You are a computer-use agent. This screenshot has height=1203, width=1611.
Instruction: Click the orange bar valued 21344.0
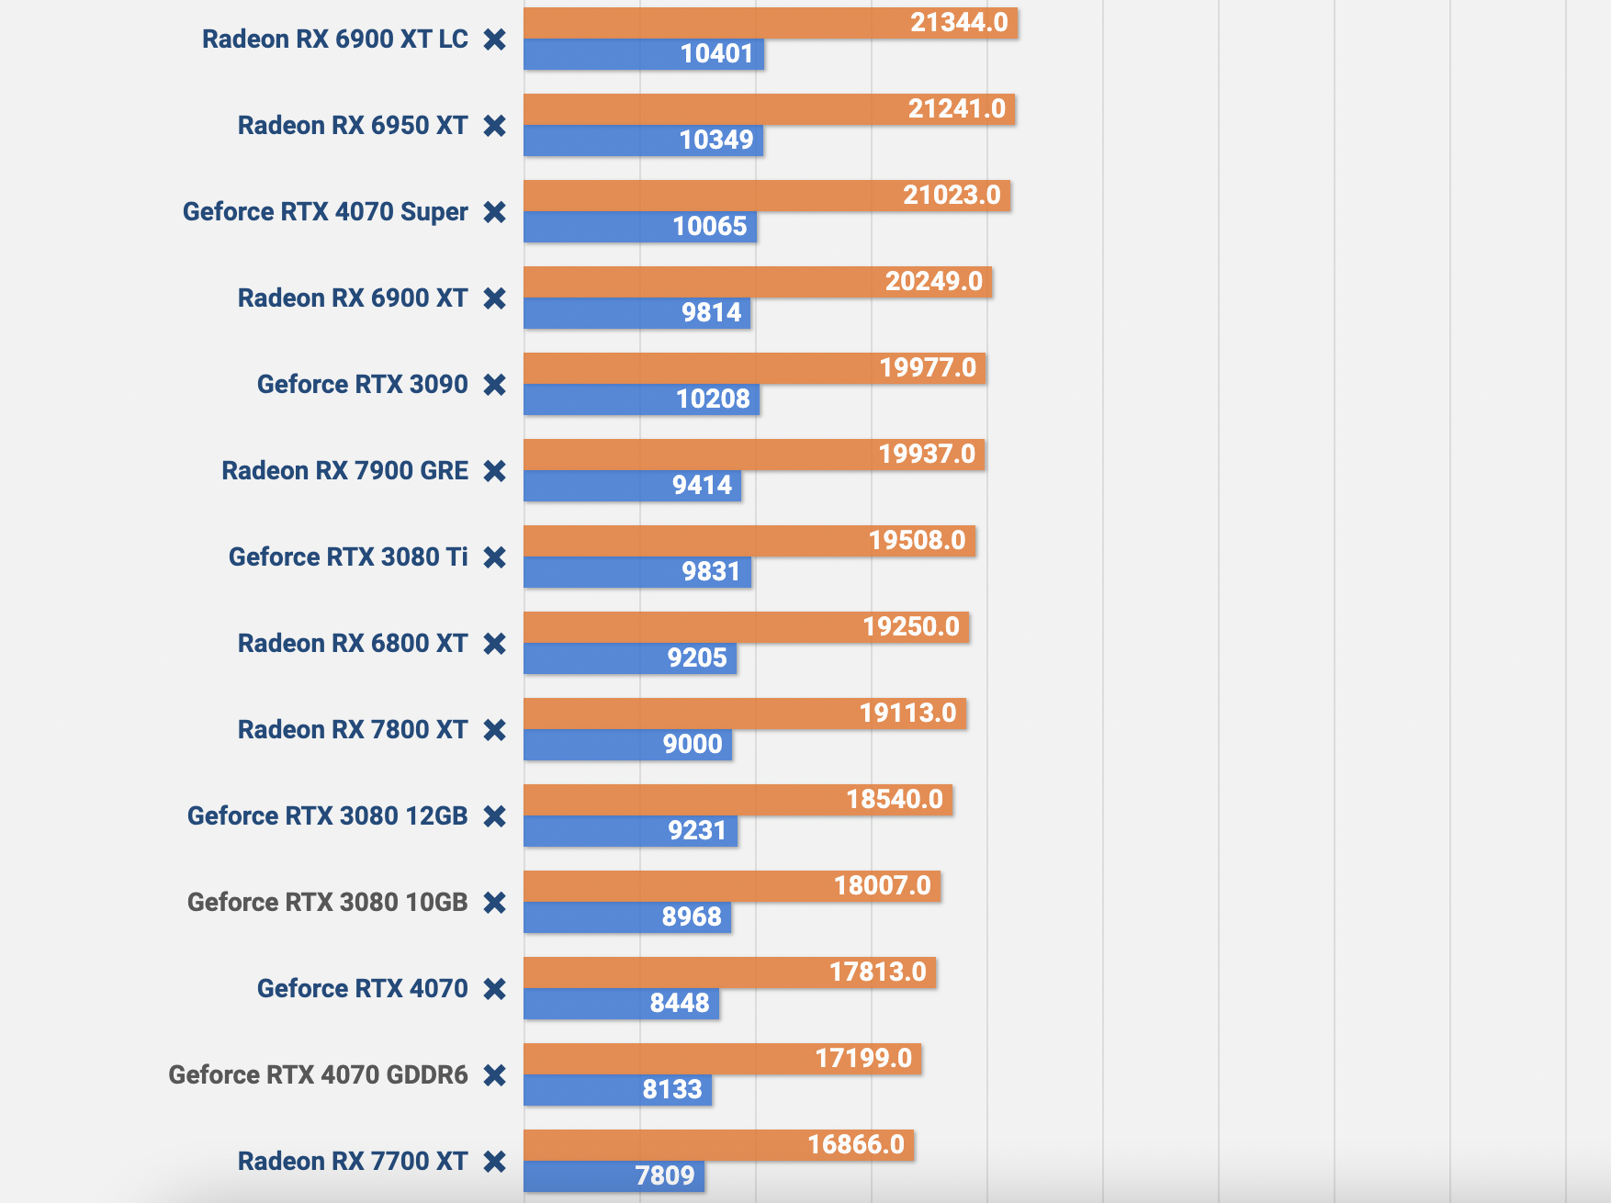point(716,23)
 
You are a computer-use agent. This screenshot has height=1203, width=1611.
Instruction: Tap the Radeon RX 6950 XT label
point(353,126)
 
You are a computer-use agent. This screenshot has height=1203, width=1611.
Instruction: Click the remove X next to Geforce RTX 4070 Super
point(495,212)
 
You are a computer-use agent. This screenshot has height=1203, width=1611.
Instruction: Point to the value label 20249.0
point(934,281)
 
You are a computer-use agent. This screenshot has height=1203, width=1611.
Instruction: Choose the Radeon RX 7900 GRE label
point(344,471)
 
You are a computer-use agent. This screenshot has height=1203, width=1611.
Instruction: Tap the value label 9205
point(697,658)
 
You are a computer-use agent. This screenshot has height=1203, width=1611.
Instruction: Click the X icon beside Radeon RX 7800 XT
point(495,730)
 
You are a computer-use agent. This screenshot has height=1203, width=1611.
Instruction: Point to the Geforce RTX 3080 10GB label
point(327,903)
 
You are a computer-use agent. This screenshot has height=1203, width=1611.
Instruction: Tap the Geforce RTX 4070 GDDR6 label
point(318,1075)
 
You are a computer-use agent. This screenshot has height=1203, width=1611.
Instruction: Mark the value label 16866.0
point(856,1144)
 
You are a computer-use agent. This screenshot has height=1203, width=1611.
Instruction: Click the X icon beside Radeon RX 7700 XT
point(495,1162)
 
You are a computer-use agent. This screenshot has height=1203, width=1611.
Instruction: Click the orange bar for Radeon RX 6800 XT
point(689,627)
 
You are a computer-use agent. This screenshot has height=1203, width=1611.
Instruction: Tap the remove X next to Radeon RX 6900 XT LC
point(495,39)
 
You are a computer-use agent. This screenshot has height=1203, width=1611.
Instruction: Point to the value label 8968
point(692,917)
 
